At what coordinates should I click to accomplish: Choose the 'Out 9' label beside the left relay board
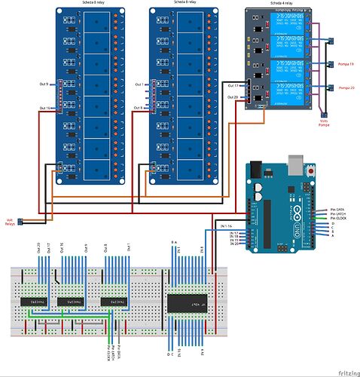tap(42, 84)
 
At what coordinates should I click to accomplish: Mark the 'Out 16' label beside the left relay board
tap(44, 109)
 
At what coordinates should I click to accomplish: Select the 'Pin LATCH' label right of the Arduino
tap(338, 213)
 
